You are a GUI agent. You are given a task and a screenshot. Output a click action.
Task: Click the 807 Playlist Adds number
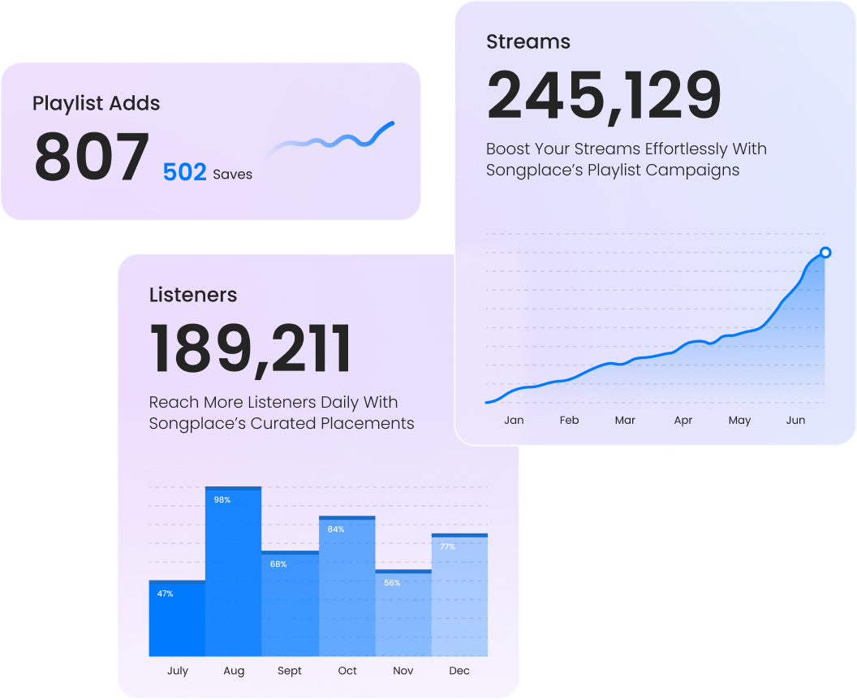92,158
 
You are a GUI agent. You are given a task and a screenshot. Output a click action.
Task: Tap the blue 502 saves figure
184,172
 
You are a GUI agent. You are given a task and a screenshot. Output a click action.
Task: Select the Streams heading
528,41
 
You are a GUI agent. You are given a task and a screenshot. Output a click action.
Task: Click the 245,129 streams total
604,95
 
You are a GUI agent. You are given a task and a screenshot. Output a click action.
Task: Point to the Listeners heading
193,295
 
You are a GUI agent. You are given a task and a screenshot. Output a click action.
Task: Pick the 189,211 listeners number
251,349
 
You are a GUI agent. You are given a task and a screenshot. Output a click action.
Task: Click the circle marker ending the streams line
825,253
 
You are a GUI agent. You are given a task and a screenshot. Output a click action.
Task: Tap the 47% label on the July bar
166,594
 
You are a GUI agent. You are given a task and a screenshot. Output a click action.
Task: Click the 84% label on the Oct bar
336,529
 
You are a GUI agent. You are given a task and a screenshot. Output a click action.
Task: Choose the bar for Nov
403,613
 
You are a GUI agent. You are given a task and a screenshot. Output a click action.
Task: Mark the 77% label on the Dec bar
447,547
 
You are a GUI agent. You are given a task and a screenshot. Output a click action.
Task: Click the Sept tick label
290,671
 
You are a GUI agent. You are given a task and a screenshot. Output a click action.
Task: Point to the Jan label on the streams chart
514,421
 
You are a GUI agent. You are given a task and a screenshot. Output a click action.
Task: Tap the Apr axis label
683,421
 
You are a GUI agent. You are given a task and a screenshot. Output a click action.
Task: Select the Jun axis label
796,421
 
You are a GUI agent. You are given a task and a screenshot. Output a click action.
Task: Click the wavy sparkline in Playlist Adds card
333,139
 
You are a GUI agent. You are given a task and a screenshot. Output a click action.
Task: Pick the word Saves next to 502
232,175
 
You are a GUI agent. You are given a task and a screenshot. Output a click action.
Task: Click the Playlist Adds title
96,103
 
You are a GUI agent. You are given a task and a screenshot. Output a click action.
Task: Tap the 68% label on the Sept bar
278,564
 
